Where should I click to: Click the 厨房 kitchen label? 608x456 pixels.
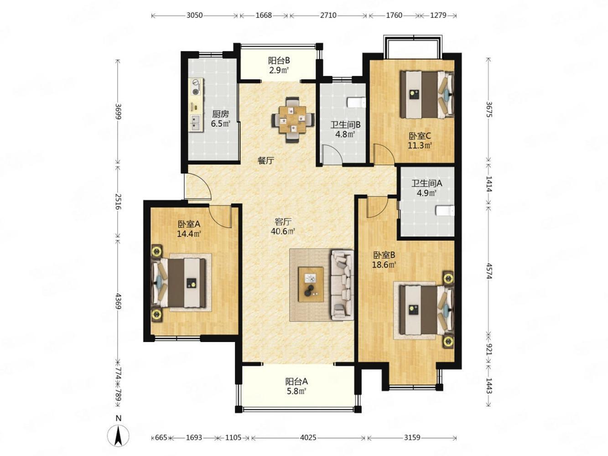[x=220, y=114]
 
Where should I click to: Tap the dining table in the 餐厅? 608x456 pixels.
[x=293, y=119]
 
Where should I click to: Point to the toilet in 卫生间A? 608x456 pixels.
[x=445, y=210]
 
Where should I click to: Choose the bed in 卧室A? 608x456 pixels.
[x=179, y=283]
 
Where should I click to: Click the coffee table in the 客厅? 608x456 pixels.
[x=311, y=284]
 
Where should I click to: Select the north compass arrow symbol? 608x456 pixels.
[x=118, y=436]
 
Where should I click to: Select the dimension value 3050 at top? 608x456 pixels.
[x=194, y=15]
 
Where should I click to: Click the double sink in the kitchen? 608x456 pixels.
[x=196, y=123]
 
